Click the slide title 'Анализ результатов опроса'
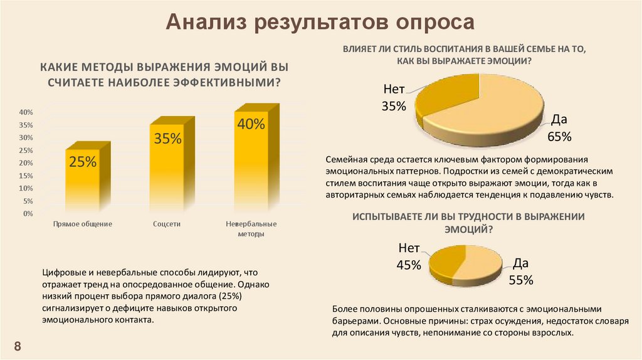click(321, 23)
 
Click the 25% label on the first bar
click(83, 162)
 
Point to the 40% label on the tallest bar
click(251, 124)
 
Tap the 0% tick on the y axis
click(27, 214)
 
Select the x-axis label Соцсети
click(167, 224)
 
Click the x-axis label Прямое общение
click(83, 224)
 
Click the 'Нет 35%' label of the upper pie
click(394, 98)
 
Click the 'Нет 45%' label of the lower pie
click(408, 257)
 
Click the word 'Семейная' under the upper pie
click(345, 160)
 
